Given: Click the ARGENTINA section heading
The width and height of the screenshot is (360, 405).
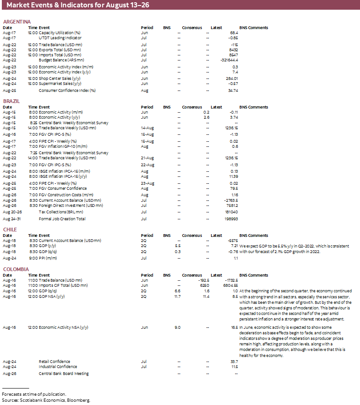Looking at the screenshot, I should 17,22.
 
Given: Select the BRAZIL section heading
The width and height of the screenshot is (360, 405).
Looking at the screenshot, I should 12,101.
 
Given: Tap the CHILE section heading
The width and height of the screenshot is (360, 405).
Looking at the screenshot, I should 10,229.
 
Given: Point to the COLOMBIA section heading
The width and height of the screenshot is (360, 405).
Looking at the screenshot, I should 16,269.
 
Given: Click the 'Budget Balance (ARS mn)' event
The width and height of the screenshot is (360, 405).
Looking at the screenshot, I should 61,60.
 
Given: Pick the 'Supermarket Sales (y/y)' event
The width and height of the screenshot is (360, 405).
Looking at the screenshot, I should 60,84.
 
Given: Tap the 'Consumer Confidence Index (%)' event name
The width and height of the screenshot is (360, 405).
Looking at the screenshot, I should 67,91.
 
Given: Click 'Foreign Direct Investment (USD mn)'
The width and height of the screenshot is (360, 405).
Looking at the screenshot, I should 70,206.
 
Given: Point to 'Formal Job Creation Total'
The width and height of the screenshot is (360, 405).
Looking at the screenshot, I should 62,219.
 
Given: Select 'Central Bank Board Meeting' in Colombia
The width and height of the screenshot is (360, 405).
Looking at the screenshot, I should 63,373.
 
